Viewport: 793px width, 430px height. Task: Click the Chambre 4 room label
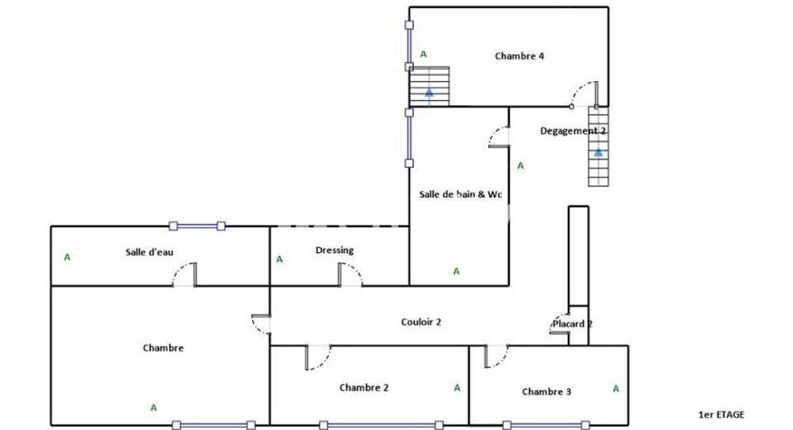pos(519,56)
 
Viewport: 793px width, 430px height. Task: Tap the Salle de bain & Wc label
pos(461,194)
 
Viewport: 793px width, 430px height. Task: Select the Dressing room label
pos(334,251)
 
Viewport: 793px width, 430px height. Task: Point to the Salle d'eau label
pos(149,252)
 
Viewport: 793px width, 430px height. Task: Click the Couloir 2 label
pos(420,322)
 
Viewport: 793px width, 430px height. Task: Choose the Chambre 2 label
pos(364,388)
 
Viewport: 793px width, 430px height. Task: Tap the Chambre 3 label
pos(546,392)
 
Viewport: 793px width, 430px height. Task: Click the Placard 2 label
pos(573,324)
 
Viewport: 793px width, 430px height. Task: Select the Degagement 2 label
pos(573,131)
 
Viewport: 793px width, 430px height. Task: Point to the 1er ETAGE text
pos(721,414)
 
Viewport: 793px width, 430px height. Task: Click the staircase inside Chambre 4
pos(429,86)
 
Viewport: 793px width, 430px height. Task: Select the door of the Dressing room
pos(349,275)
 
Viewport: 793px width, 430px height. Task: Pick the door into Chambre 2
pos(317,356)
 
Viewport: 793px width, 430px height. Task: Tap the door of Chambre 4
pos(588,94)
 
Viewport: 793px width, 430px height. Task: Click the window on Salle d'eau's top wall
pos(196,225)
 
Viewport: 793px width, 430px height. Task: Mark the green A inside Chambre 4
pos(423,54)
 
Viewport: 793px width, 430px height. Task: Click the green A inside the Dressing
pos(279,259)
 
